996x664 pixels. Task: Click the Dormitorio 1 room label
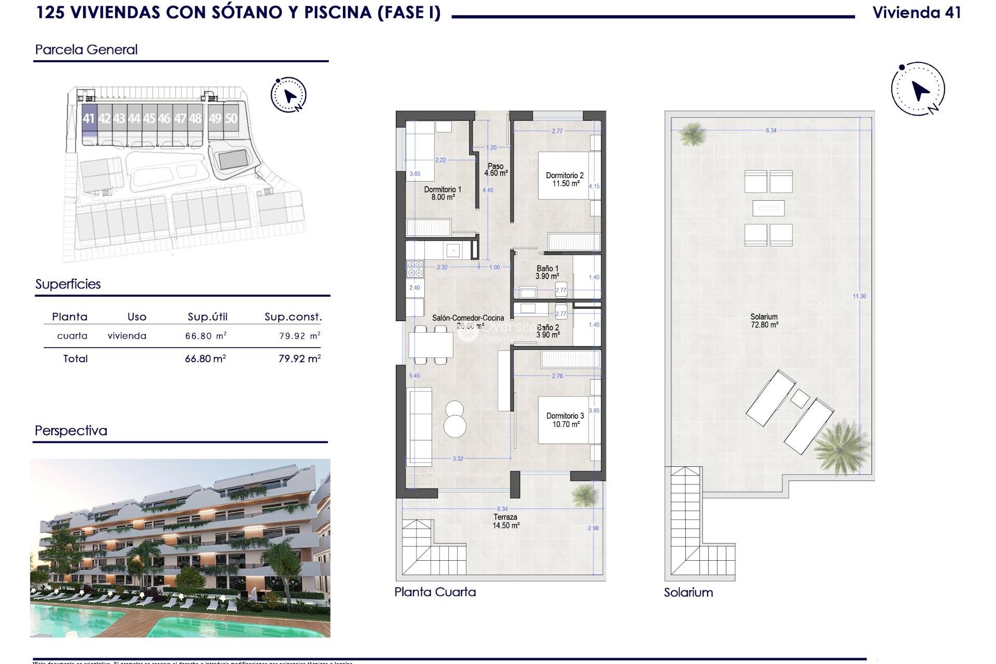(442, 193)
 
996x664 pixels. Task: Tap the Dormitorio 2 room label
(564, 179)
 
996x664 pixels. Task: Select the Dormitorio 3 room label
(565, 420)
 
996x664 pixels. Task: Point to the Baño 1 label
(547, 272)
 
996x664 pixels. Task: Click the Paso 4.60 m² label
(495, 170)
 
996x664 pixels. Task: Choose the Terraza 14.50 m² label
(506, 521)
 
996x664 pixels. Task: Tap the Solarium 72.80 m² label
(764, 321)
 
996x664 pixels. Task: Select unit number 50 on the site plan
(231, 119)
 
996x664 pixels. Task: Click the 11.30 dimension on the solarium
(859, 296)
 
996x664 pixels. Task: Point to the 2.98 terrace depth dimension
(593, 528)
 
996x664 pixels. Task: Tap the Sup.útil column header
(208, 317)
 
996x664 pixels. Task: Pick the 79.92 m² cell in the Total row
(299, 358)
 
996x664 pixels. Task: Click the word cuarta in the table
(72, 336)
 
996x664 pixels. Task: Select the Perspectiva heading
(71, 431)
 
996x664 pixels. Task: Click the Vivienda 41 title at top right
(917, 13)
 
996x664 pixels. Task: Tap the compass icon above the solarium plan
(918, 89)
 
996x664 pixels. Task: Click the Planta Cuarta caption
(435, 592)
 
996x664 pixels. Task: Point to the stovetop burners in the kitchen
(415, 269)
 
